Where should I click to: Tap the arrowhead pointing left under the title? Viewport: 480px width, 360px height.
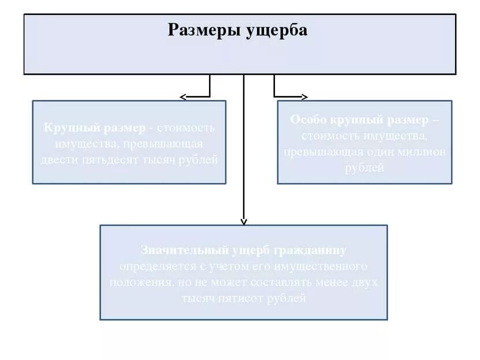(x=183, y=97)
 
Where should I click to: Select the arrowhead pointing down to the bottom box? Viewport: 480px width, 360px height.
(x=244, y=221)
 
